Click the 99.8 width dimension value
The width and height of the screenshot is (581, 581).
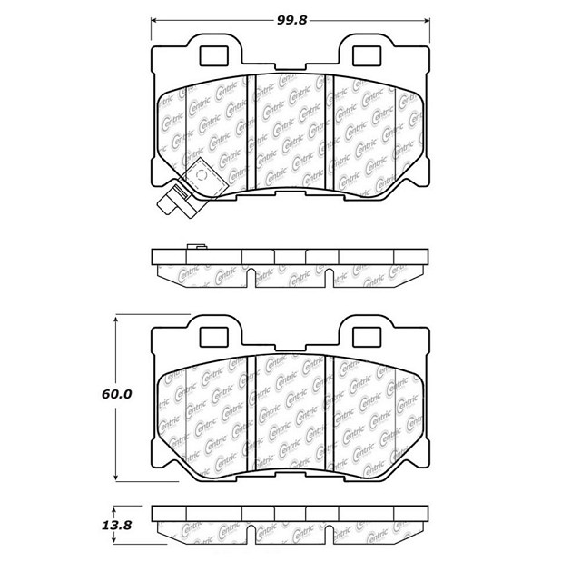[292, 20]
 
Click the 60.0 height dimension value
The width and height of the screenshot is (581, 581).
[117, 394]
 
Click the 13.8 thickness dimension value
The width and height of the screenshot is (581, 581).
[117, 525]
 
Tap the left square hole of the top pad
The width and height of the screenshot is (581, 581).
[213, 56]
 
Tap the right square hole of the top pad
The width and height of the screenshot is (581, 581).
[367, 56]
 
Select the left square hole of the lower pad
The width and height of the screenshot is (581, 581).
[213, 337]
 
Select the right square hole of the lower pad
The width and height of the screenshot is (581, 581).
[367, 337]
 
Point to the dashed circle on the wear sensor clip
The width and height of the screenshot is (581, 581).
[202, 174]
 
